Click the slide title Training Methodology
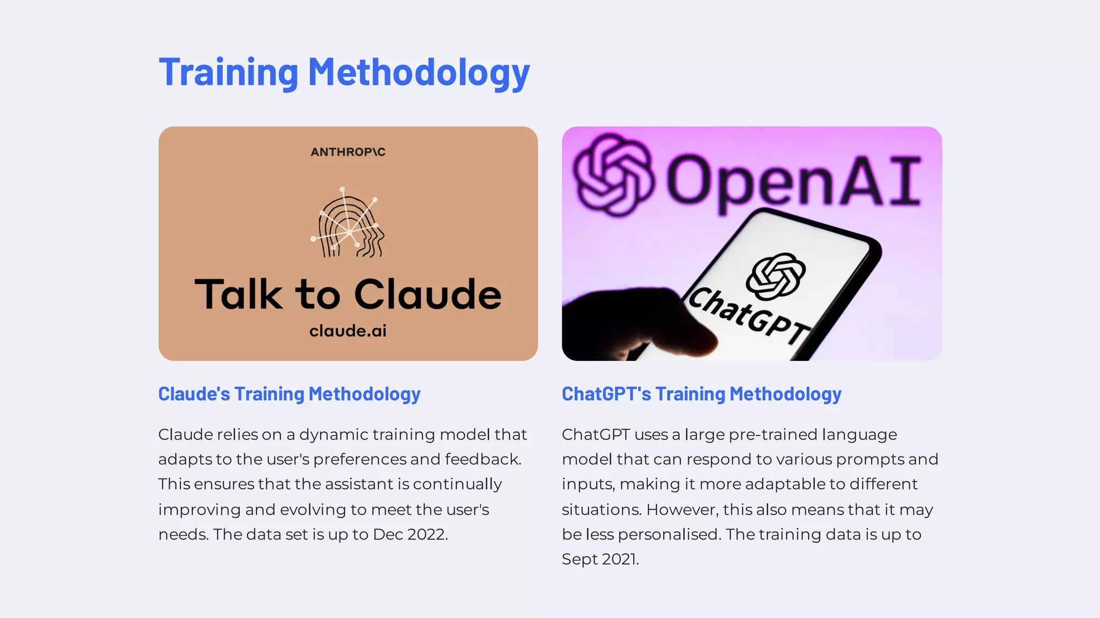click(344, 72)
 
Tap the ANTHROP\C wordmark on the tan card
click(348, 152)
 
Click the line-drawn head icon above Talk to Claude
click(349, 223)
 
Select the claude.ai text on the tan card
click(348, 331)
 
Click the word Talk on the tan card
click(238, 294)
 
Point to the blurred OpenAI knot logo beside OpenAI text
click(613, 175)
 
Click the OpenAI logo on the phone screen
click(775, 277)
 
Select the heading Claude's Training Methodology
click(289, 394)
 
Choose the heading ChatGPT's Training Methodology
click(701, 394)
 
